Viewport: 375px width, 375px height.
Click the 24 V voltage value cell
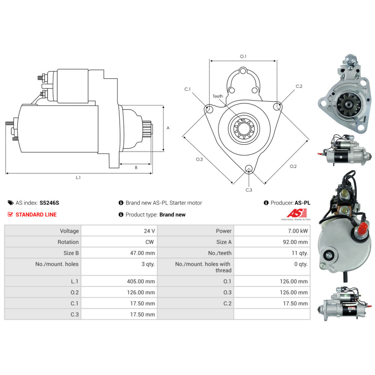click(149, 231)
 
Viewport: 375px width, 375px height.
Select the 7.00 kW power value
click(297, 231)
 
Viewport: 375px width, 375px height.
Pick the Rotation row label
click(68, 242)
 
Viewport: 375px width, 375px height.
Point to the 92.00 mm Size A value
click(295, 242)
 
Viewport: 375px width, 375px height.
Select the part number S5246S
click(49, 203)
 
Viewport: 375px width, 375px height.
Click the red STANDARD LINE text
click(36, 214)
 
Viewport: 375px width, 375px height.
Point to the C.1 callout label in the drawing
click(187, 89)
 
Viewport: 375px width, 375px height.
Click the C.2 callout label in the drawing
click(299, 86)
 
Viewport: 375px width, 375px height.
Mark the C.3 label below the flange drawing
click(249, 190)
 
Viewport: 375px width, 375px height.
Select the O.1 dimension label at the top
click(243, 56)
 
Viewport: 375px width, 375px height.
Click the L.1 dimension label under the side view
click(78, 177)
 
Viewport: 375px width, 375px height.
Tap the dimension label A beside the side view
click(168, 128)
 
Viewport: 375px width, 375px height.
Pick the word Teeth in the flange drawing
click(218, 96)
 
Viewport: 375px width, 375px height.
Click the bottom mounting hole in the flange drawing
click(248, 168)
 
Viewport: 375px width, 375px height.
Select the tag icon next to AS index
click(10, 203)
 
